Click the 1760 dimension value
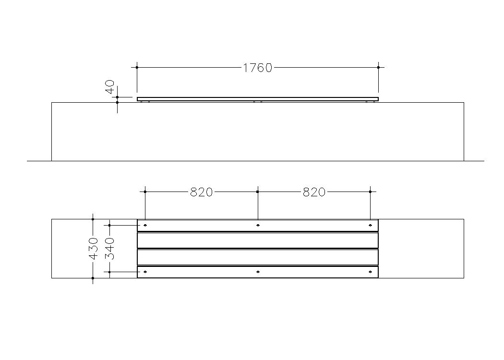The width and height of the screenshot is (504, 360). (x=257, y=68)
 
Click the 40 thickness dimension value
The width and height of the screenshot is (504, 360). (x=110, y=87)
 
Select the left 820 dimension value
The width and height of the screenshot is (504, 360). (x=202, y=192)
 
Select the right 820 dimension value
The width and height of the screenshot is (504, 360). (x=314, y=192)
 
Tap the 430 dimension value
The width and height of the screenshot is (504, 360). (x=93, y=249)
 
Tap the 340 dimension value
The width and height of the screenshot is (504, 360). (x=110, y=249)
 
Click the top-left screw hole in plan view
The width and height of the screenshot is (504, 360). (x=145, y=225)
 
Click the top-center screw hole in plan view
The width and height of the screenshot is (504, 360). (x=258, y=225)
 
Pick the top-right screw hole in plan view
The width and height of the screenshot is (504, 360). (x=370, y=225)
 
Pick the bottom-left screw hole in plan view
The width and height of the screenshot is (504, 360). (x=145, y=272)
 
